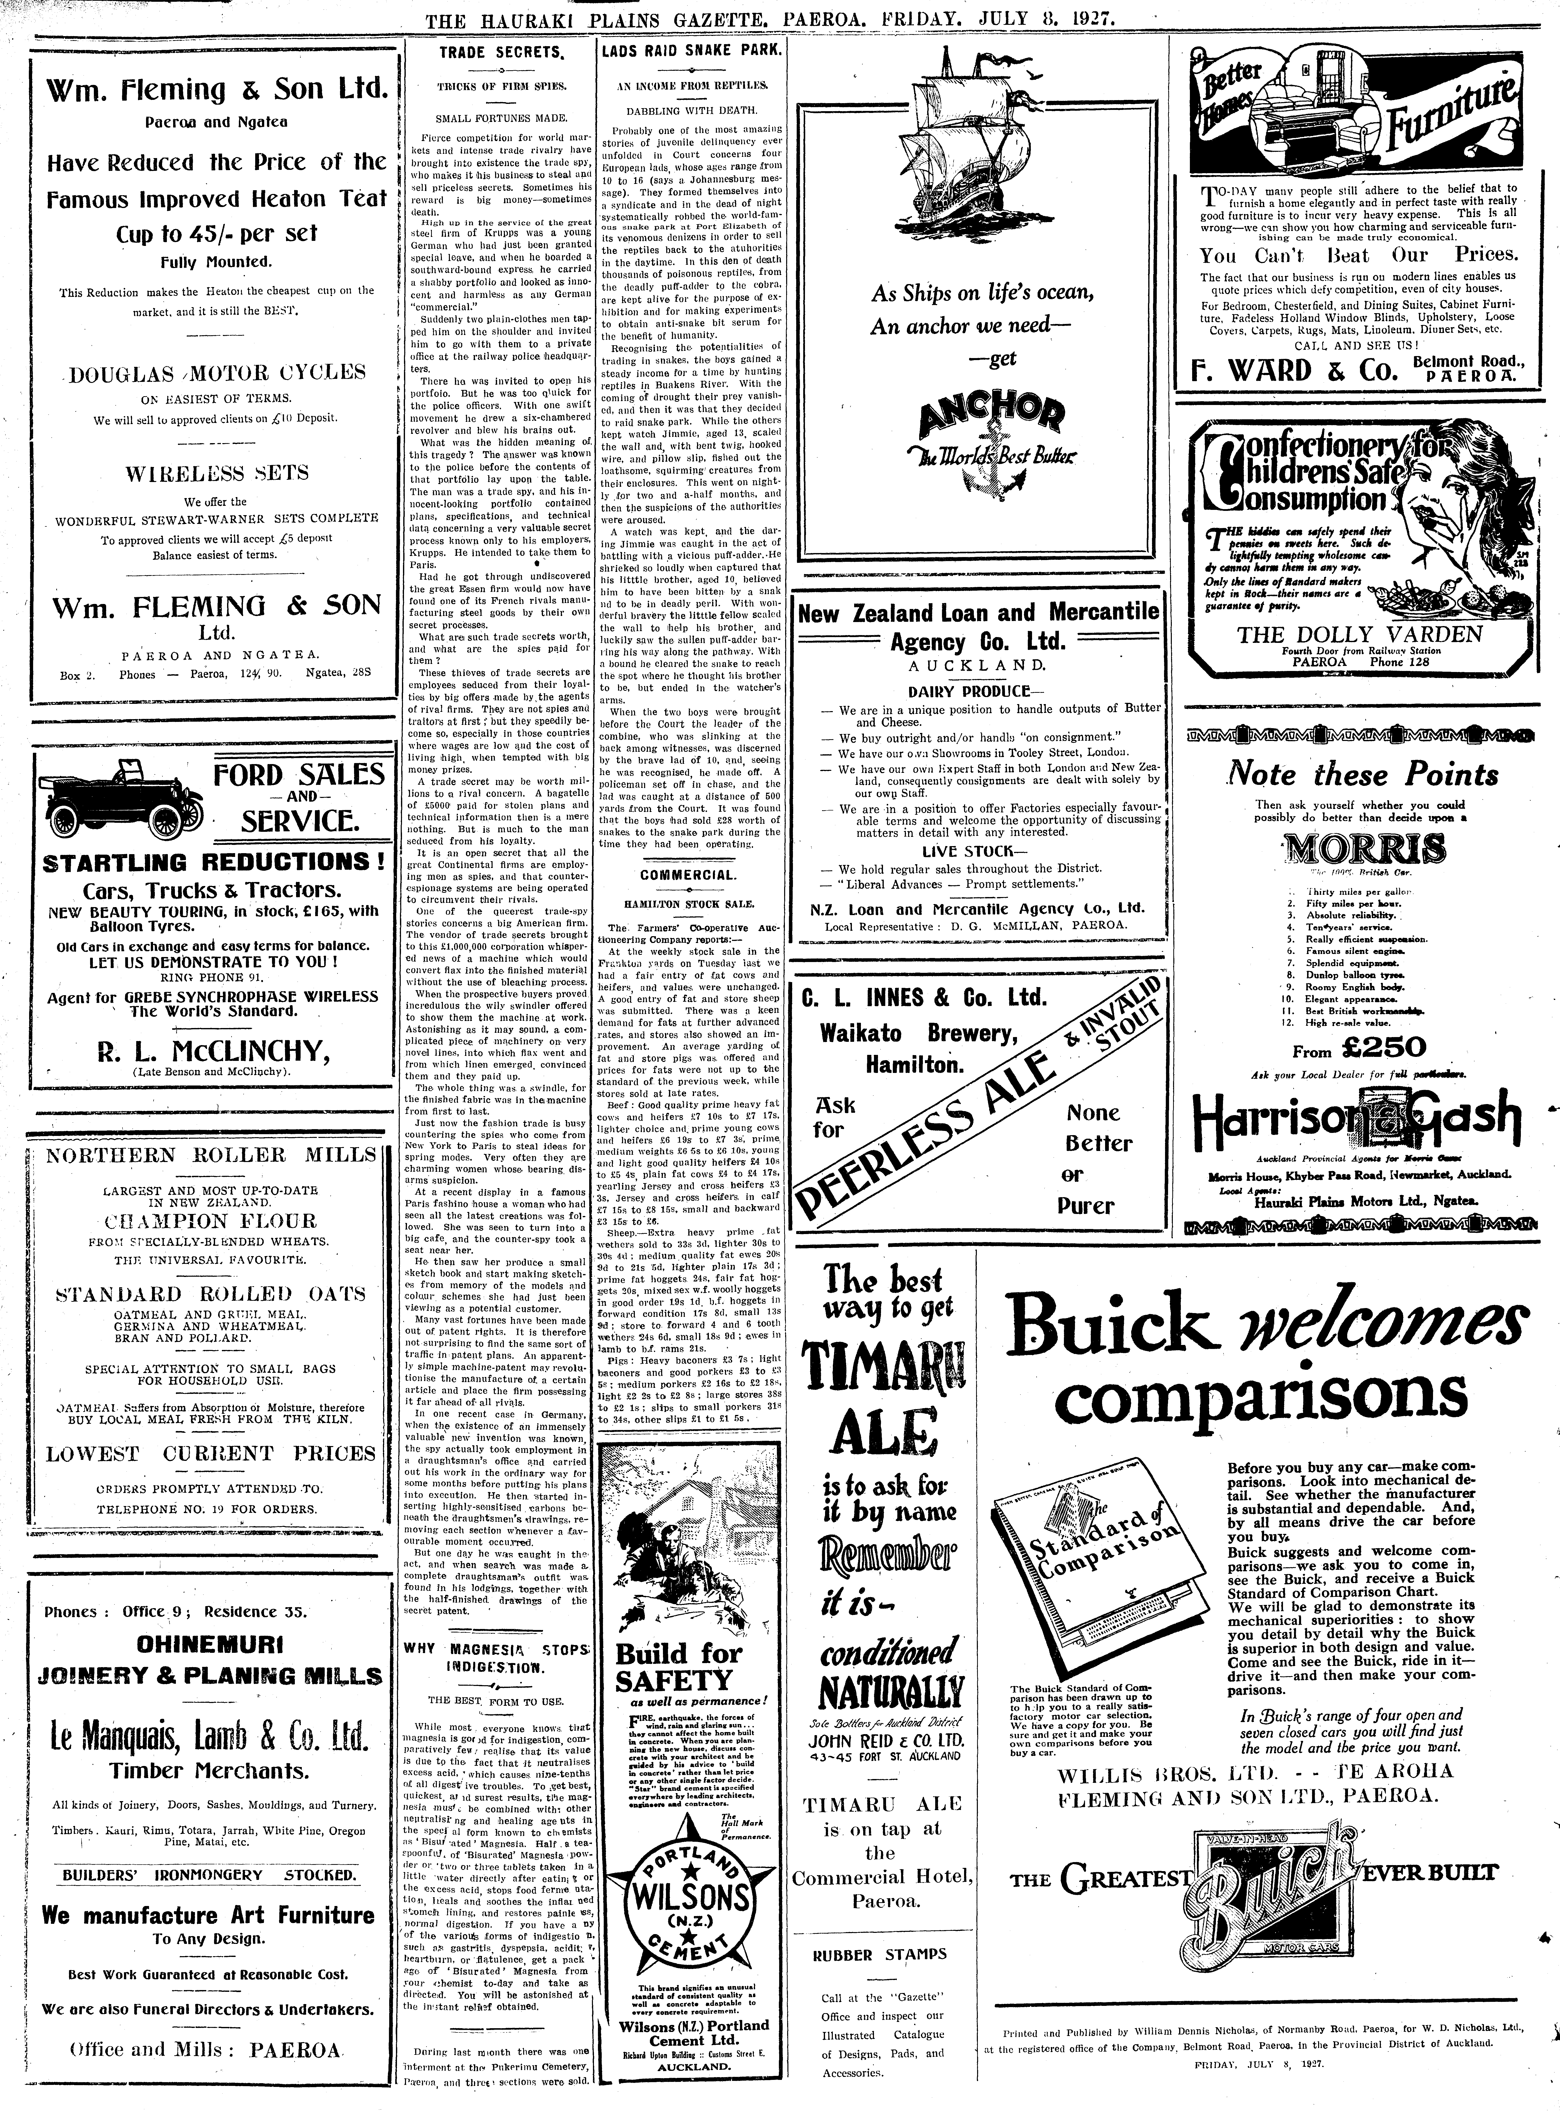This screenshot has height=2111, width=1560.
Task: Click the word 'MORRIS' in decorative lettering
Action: pyautogui.click(x=1363, y=850)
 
